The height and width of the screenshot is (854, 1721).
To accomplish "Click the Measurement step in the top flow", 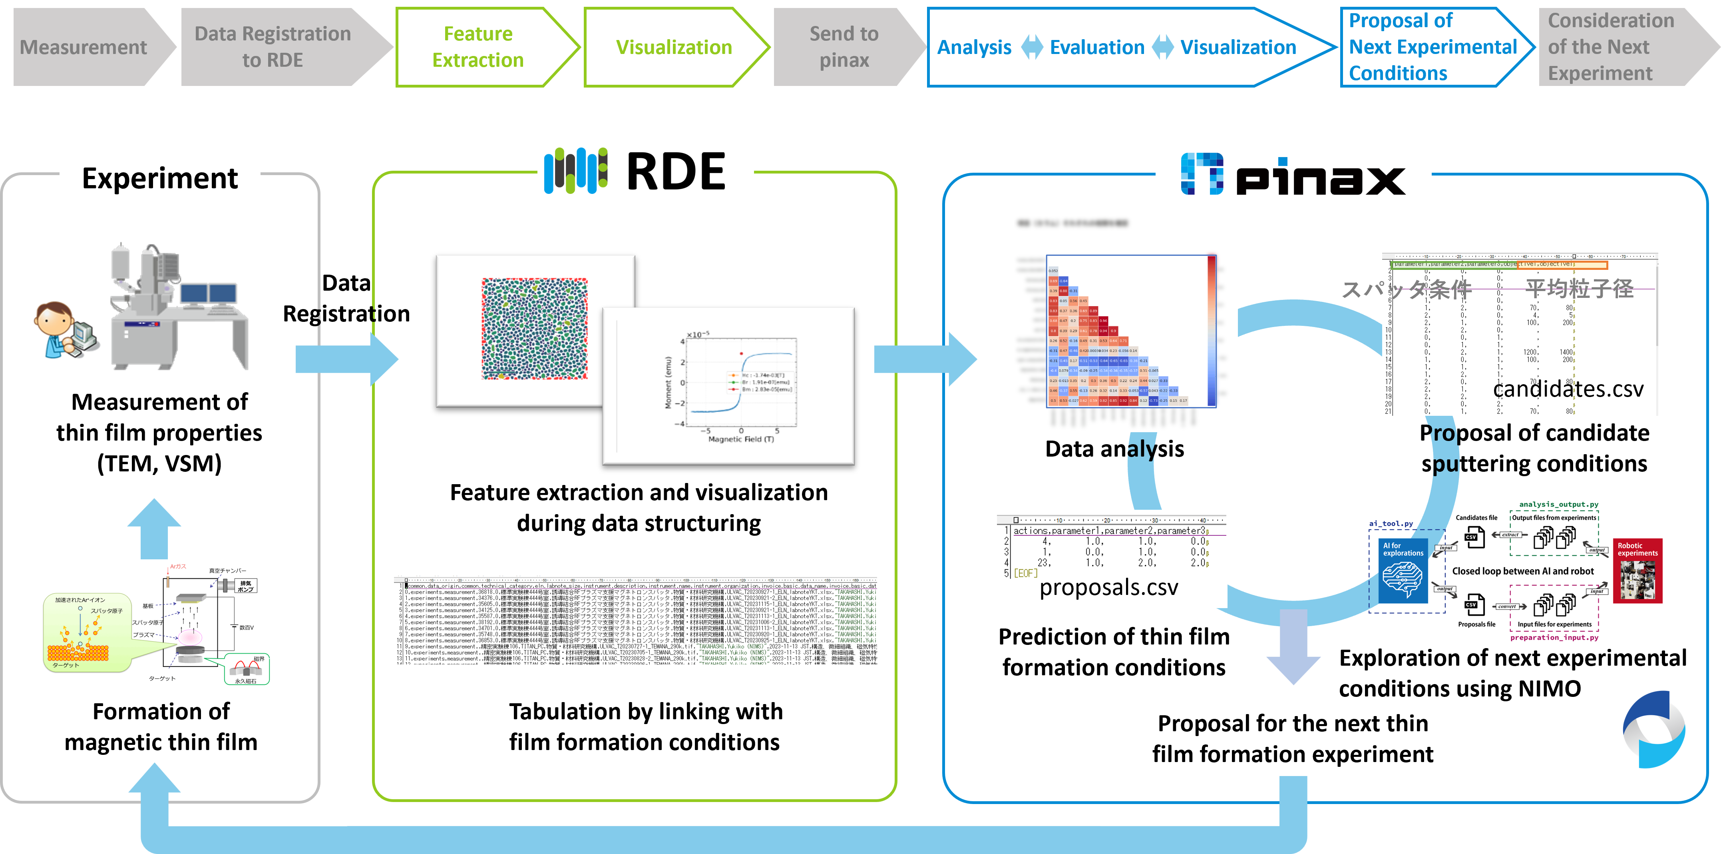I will pos(84,47).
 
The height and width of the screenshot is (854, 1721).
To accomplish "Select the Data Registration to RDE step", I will pos(273,47).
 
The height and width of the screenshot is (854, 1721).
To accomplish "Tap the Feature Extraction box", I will pos(478,47).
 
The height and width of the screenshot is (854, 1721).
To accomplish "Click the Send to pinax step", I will pos(844,47).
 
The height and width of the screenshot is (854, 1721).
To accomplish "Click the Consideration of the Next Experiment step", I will pos(1611,47).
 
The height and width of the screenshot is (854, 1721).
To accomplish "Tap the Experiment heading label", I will pos(160,178).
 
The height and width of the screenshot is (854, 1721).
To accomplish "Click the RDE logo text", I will pos(675,172).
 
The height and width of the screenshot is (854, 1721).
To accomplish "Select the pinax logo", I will pos(1293,176).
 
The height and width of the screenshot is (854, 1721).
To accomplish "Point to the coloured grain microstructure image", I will pos(535,329).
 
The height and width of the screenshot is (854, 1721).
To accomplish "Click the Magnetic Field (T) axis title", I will pos(741,439).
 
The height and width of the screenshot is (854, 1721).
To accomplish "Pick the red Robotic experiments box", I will pos(1637,571).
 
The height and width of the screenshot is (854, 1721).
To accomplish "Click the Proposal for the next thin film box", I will pos(1293,738).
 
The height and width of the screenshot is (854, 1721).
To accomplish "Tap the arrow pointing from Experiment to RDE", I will pos(346,359).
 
